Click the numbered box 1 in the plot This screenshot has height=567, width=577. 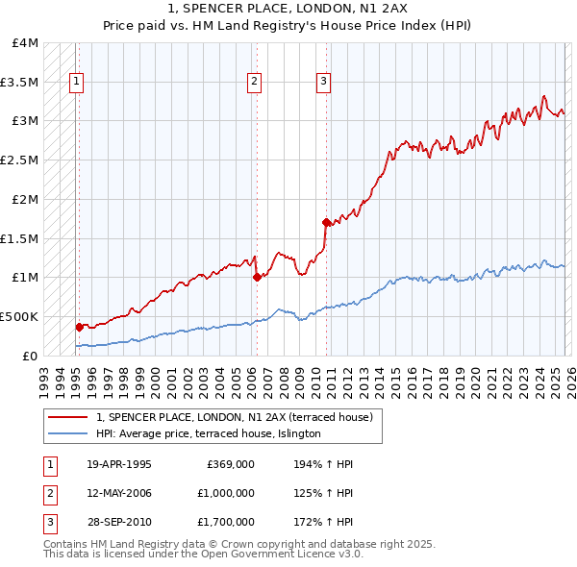click(76, 83)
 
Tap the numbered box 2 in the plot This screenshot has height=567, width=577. click(255, 83)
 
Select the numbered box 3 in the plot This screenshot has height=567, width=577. click(324, 83)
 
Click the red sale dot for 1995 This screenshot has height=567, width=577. click(79, 327)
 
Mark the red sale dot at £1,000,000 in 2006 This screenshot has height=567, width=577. click(257, 278)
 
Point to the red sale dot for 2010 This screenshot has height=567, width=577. click(327, 223)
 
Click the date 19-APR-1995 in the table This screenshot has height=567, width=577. click(119, 464)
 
